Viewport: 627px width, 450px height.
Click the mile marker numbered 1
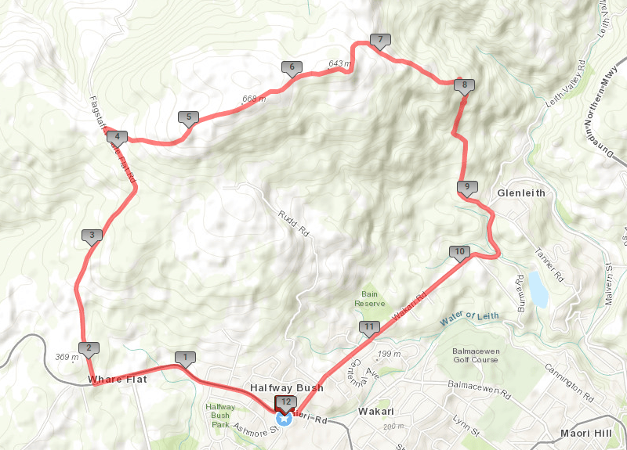tap(185, 358)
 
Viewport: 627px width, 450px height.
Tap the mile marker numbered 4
tap(116, 135)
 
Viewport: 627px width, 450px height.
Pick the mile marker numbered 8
tap(464, 85)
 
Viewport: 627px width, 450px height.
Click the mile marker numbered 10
tap(459, 252)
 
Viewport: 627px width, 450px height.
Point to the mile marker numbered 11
tap(369, 326)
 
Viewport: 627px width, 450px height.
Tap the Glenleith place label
tap(521, 193)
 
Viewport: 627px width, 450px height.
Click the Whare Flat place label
tap(117, 380)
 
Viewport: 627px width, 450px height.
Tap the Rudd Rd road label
tap(293, 222)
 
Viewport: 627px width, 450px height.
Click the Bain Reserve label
tap(370, 299)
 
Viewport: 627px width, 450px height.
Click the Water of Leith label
tap(469, 317)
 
